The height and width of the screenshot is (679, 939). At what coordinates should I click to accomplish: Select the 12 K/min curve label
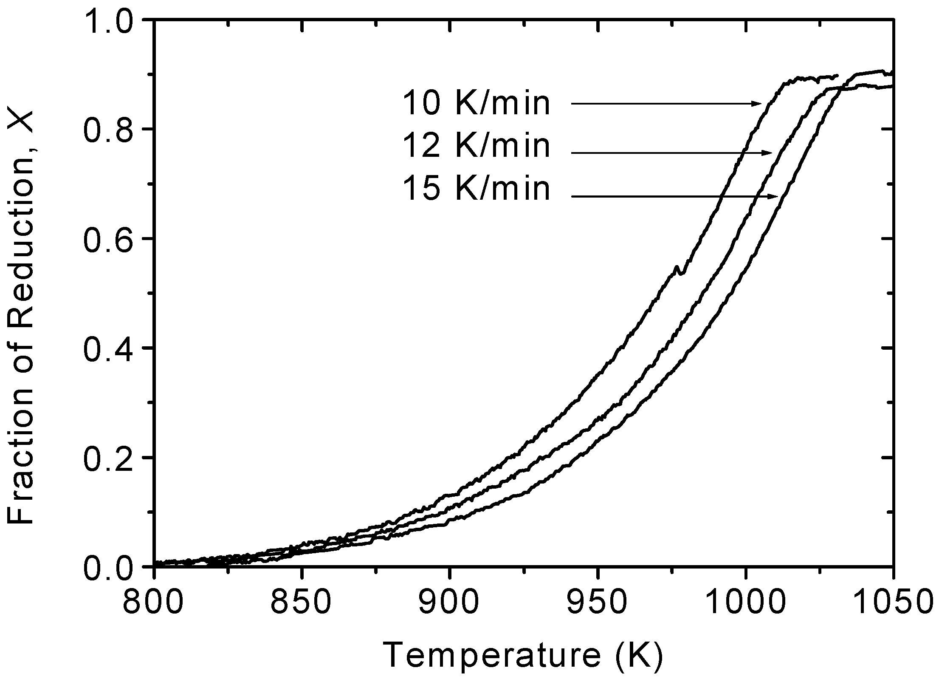[476, 146]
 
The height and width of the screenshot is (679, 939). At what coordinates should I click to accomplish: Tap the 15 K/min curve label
[476, 189]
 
